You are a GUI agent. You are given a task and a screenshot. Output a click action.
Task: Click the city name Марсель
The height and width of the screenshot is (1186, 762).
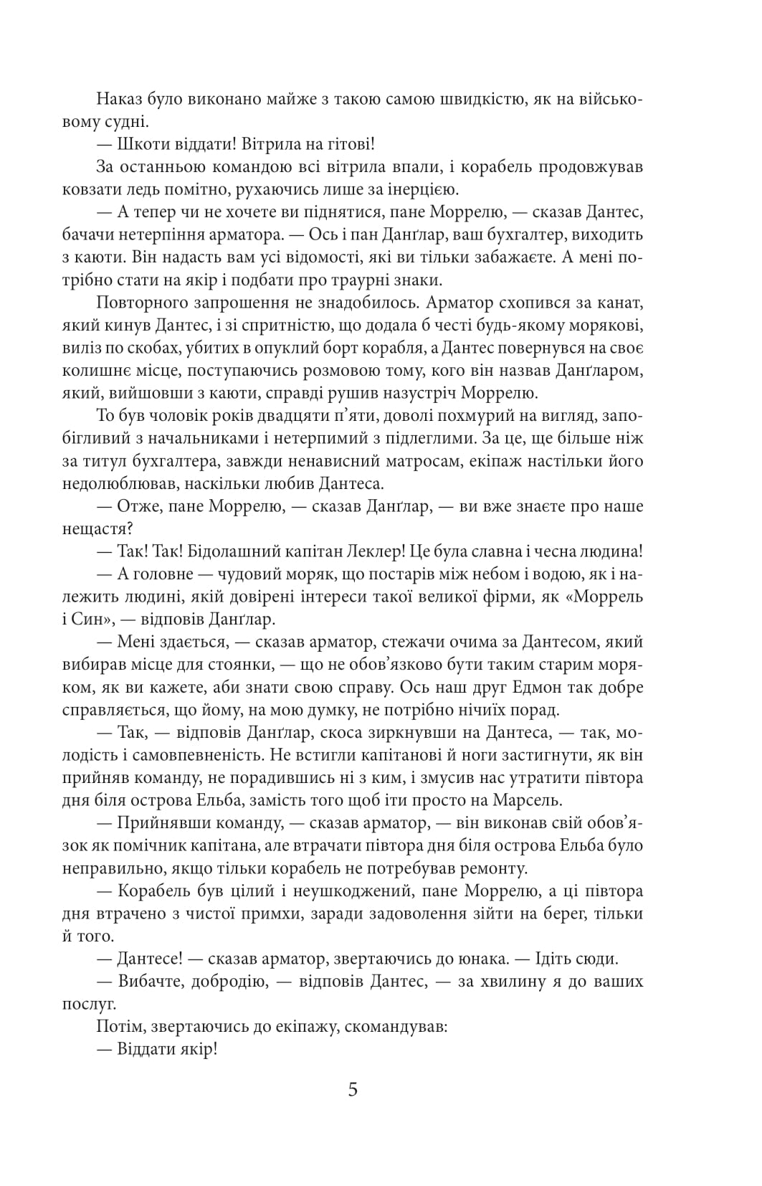coord(543,800)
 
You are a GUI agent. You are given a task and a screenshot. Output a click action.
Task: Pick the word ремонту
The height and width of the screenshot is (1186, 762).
coord(494,868)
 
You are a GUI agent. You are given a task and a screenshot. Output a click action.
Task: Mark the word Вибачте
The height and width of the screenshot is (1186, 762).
coord(148,981)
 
